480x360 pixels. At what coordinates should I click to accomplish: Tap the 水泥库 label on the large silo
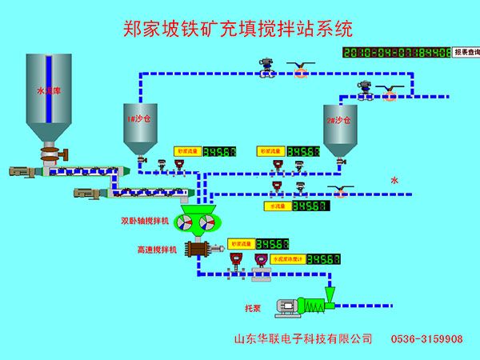48,91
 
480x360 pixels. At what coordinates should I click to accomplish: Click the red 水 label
394,181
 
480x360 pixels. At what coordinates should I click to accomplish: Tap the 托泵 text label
254,306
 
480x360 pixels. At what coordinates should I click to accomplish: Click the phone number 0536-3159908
426,339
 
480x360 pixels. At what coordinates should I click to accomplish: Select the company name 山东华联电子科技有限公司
302,339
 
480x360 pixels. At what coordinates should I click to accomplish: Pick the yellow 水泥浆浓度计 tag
289,259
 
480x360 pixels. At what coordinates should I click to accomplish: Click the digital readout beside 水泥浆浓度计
325,259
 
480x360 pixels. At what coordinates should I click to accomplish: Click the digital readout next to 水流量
310,206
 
